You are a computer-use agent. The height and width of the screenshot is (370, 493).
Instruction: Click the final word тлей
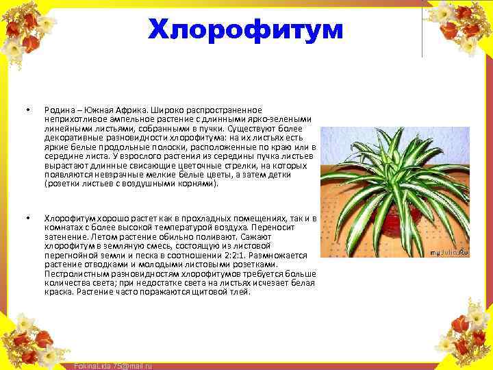click(240, 292)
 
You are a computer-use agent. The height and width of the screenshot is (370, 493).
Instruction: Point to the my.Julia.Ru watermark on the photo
click(448, 254)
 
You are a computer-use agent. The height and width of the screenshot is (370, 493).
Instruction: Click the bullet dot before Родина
click(28, 110)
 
